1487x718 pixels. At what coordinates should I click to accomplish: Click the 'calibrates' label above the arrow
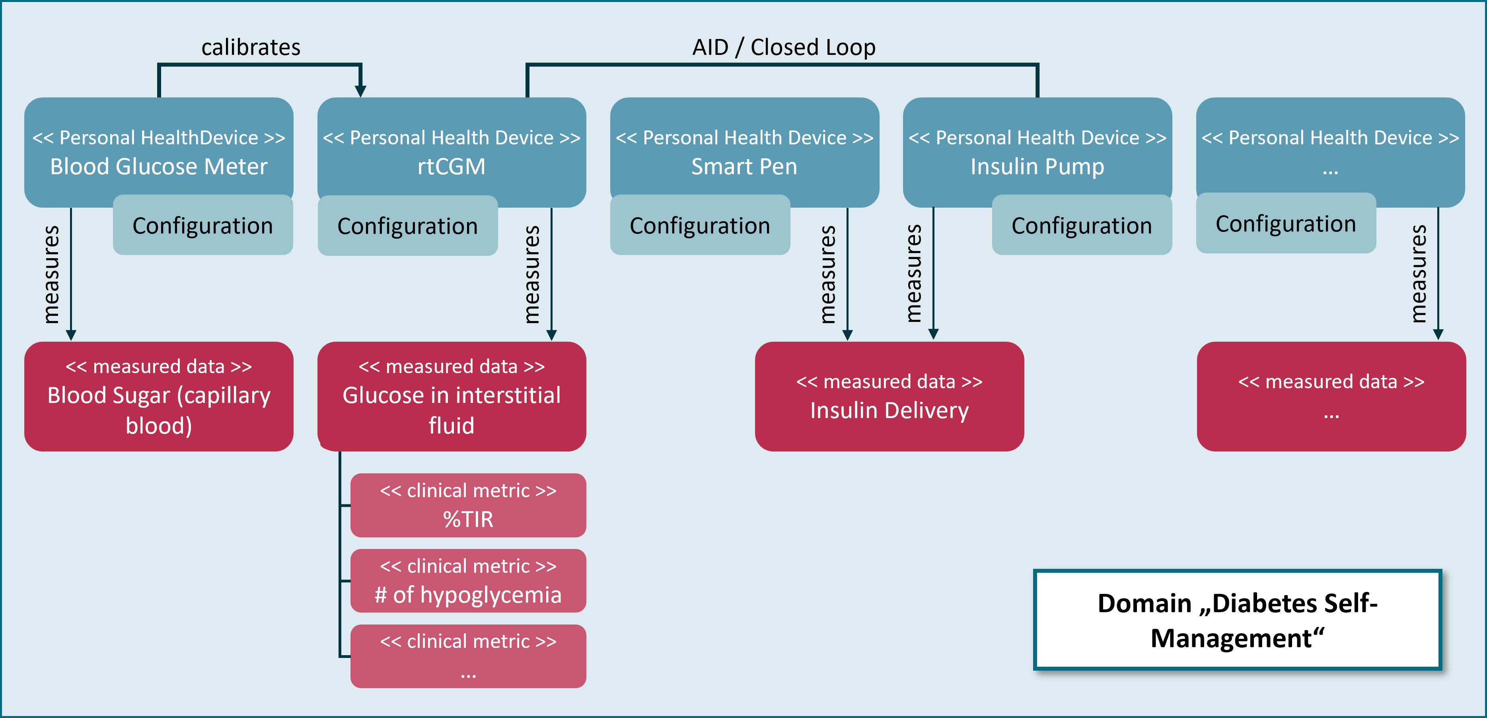click(251, 47)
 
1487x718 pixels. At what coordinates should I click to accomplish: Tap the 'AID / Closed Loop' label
click(783, 47)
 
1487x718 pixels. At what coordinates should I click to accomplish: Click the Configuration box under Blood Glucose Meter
click(202, 226)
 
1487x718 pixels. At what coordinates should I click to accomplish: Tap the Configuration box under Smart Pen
click(700, 226)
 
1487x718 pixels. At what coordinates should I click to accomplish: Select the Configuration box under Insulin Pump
click(1081, 226)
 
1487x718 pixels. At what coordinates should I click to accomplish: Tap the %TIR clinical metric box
click(468, 505)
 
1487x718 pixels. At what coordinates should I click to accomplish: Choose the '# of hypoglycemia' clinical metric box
click(468, 581)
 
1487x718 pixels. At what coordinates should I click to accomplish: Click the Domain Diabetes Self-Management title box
click(1237, 620)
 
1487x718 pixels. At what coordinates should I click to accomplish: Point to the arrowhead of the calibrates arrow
click(360, 91)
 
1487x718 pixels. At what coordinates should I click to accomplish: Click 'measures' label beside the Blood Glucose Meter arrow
click(51, 274)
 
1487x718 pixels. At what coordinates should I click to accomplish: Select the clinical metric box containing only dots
click(468, 656)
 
